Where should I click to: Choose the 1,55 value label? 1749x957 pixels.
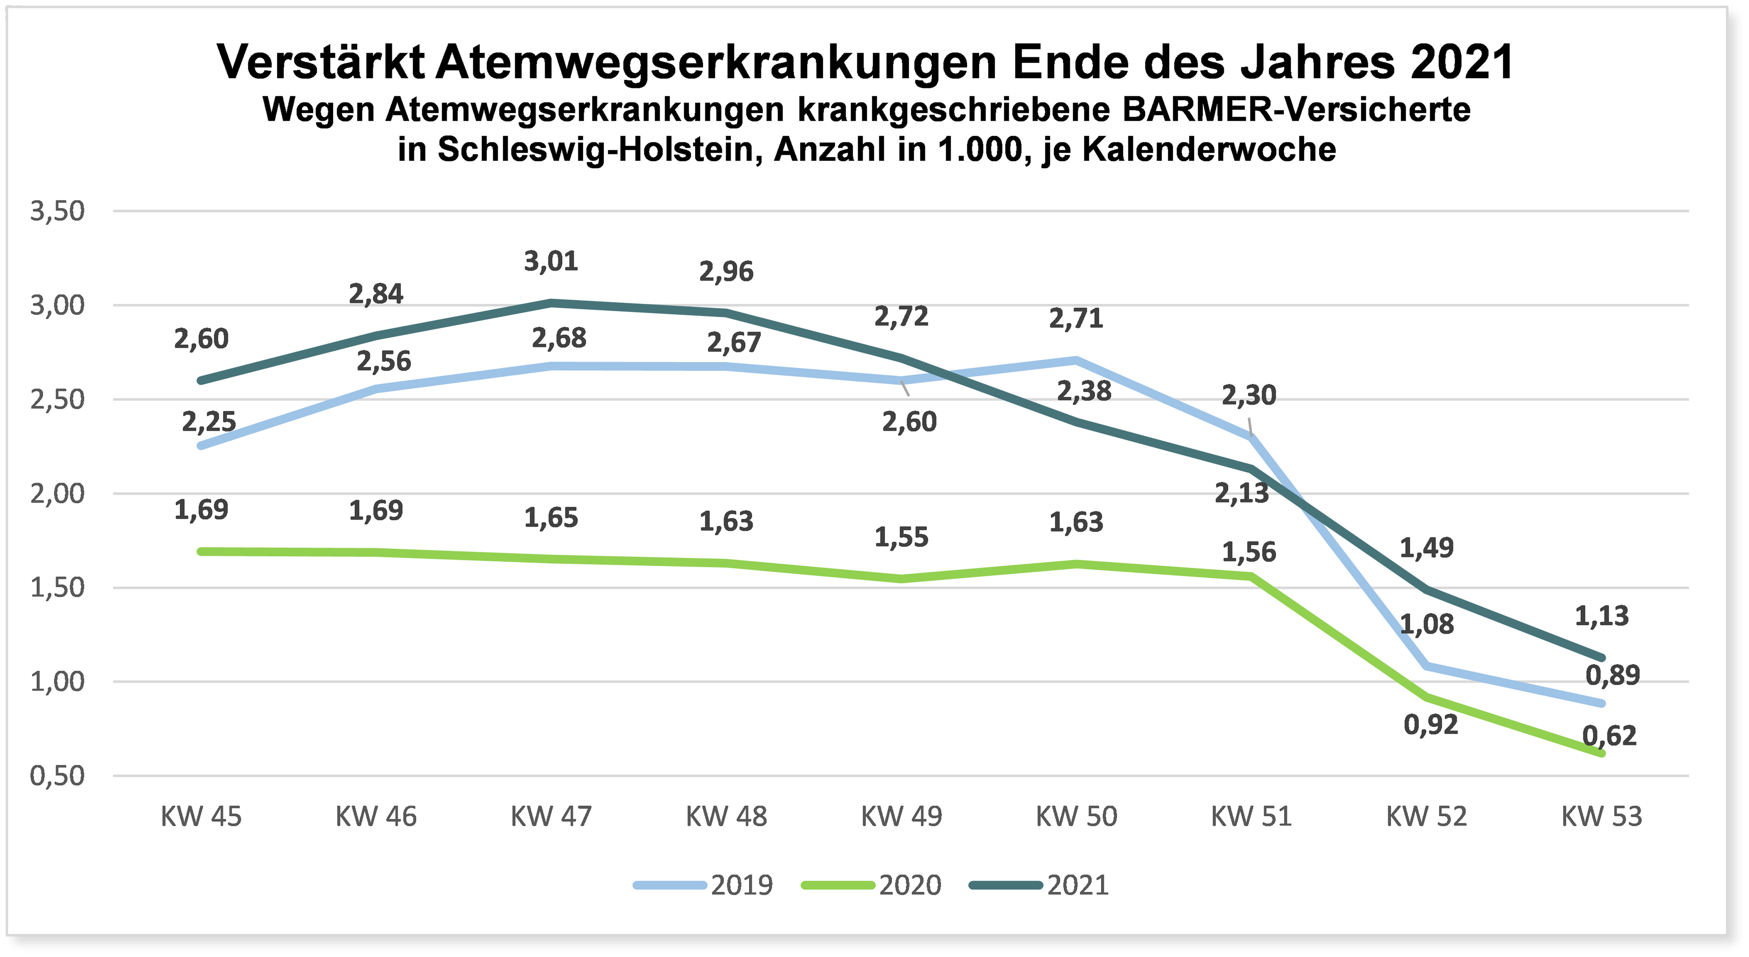[x=901, y=538]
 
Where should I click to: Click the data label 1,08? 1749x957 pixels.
[x=1427, y=624]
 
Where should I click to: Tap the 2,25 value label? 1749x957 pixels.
[x=209, y=422]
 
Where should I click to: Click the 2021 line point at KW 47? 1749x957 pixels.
[x=551, y=303]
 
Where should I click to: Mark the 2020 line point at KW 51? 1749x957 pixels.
[x=1251, y=576]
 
